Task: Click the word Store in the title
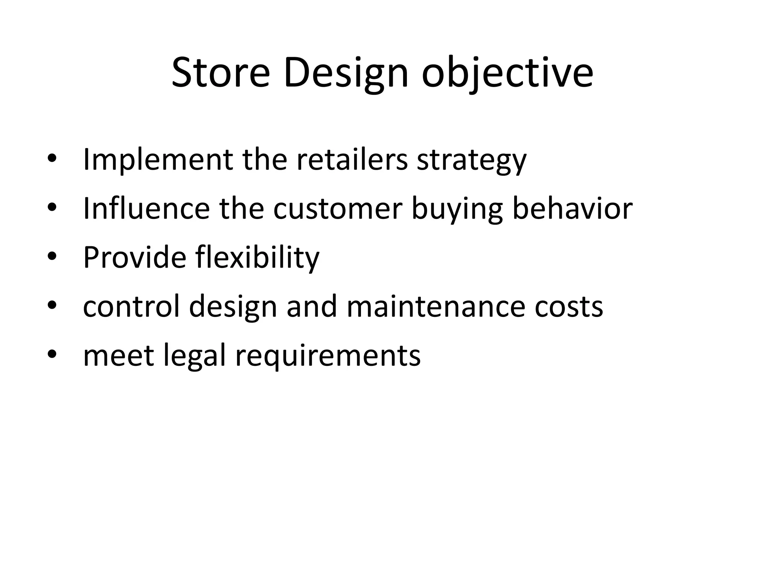(220, 73)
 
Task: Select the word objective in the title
(507, 73)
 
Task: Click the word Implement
(157, 160)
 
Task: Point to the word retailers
(352, 160)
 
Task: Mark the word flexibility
(258, 257)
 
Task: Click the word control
(131, 306)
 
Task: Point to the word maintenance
(436, 306)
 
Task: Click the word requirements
(328, 356)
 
